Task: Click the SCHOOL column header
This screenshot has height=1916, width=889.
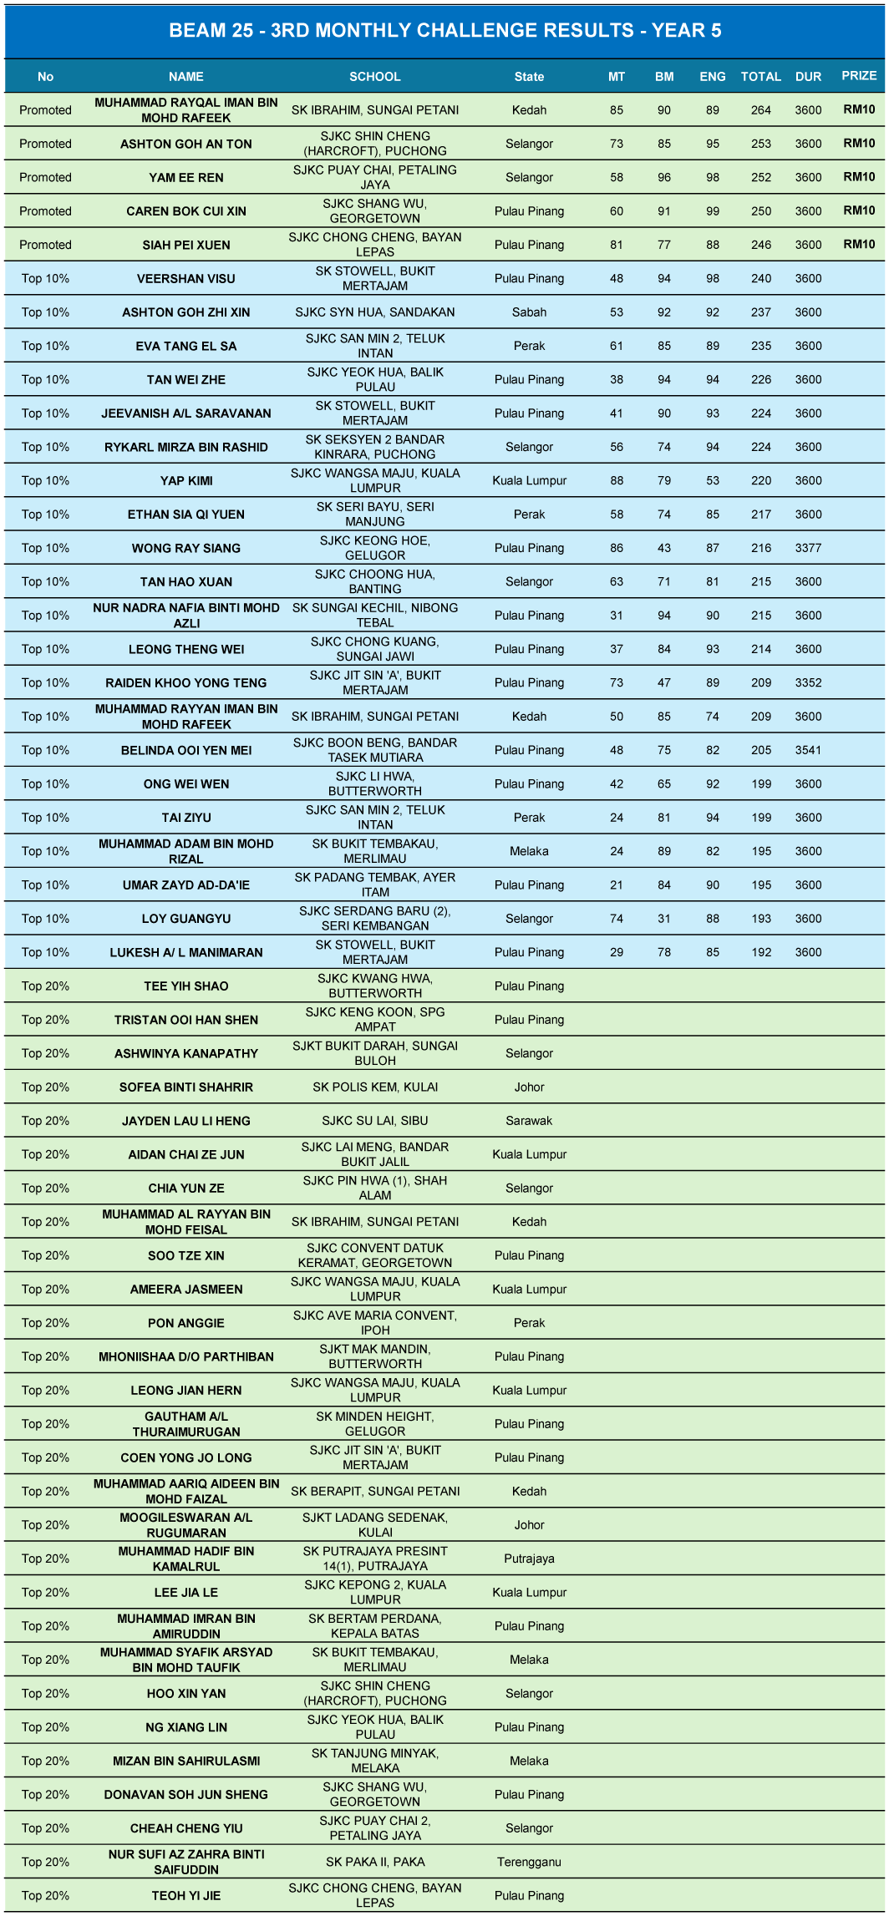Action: coord(374,76)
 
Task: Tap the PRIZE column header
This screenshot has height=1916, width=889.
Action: coord(858,75)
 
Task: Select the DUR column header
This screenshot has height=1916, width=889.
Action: coord(808,76)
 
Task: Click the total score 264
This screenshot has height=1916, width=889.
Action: coord(760,109)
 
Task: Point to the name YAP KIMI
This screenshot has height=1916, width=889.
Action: coord(186,480)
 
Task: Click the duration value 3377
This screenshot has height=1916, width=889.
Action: coord(808,548)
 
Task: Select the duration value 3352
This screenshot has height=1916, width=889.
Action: coord(808,682)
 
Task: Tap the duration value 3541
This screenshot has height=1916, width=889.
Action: coord(808,750)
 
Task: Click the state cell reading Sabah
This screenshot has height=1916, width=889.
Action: coord(529,312)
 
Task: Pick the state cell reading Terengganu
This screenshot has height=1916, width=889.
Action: coord(529,1862)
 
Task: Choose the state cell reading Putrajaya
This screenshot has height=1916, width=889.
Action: coord(529,1559)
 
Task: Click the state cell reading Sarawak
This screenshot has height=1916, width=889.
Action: coord(529,1121)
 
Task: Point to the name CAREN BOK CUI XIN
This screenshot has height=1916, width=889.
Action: coord(186,211)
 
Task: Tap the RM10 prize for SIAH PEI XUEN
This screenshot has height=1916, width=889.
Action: coord(858,244)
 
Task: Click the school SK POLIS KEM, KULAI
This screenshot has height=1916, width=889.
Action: coord(374,1087)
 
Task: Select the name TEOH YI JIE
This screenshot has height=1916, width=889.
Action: coord(186,1895)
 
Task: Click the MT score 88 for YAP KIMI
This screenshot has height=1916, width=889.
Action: coord(617,480)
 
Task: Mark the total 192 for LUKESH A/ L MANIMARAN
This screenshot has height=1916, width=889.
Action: coord(760,952)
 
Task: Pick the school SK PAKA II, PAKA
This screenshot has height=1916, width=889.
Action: coord(374,1862)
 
